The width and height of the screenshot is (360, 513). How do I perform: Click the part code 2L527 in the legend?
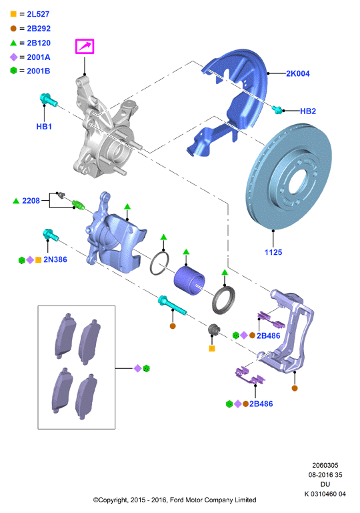(x=38, y=14)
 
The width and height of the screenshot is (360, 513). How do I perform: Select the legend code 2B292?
(x=39, y=29)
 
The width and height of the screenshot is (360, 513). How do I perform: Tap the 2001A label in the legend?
(x=39, y=57)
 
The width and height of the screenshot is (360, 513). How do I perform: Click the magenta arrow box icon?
(x=85, y=46)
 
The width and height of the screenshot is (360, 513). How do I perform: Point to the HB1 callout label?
(x=44, y=127)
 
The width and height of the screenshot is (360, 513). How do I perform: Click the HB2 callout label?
(x=308, y=111)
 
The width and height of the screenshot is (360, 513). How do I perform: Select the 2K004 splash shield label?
(x=298, y=73)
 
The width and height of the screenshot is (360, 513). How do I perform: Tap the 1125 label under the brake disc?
(x=273, y=252)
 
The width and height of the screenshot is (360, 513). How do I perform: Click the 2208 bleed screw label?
(x=31, y=201)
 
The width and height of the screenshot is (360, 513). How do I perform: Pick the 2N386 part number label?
(x=55, y=260)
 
